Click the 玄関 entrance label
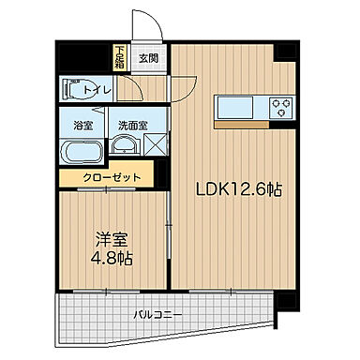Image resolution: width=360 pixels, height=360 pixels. point(149,57)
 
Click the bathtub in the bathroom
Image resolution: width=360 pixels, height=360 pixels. point(83,150)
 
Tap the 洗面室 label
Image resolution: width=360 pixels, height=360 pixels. point(129,124)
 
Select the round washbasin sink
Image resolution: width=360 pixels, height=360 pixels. point(123,144)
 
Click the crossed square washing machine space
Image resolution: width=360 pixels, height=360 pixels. point(155,144)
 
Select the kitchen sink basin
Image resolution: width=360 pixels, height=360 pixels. point(232,105)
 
